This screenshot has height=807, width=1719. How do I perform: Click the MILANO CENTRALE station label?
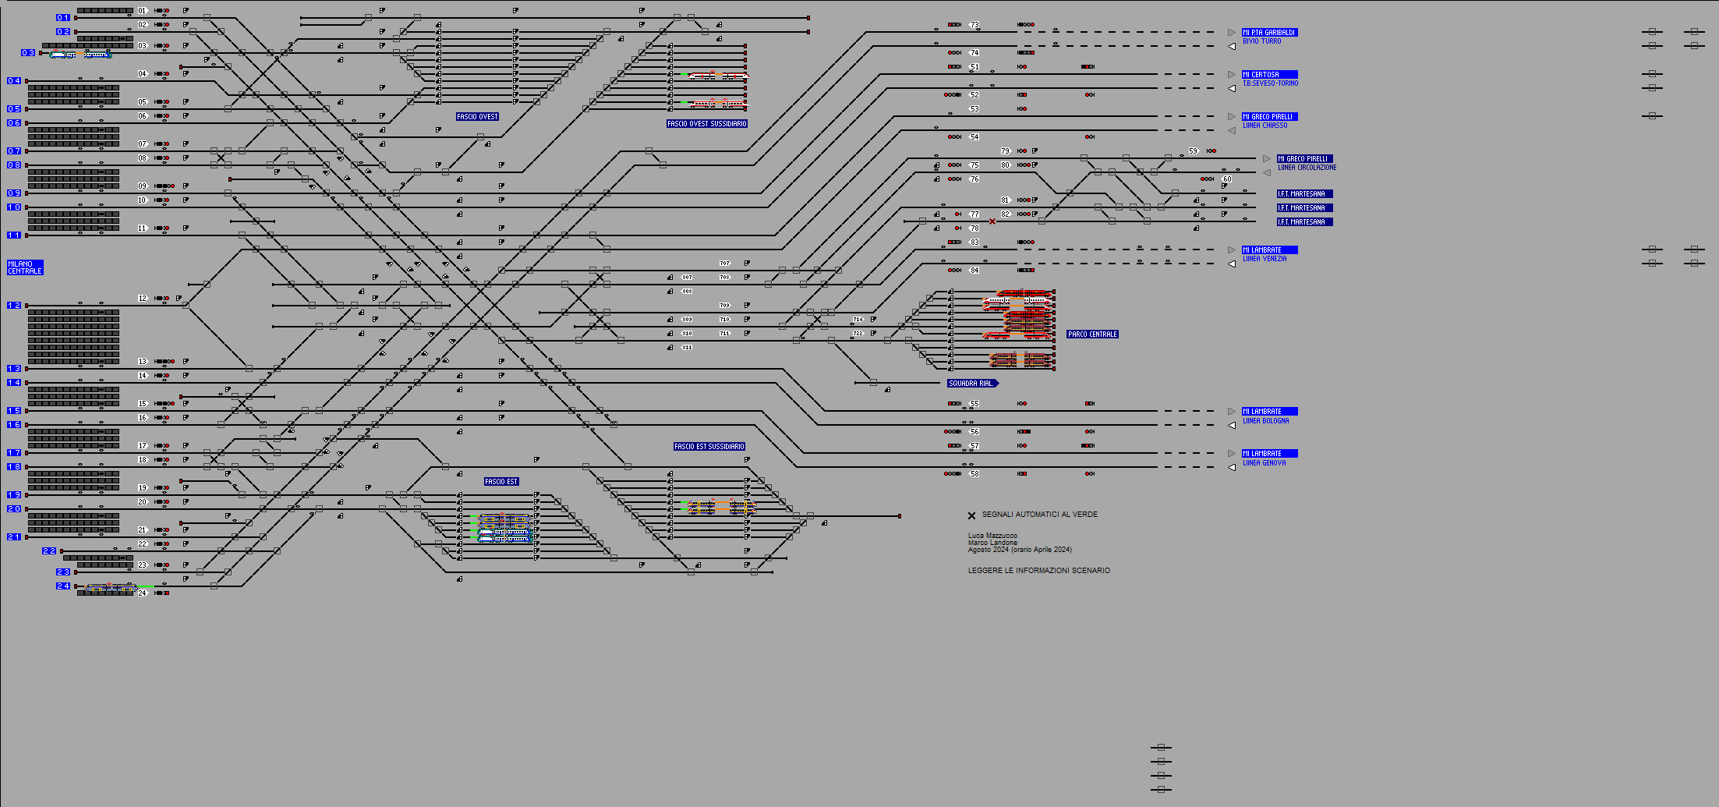(25, 267)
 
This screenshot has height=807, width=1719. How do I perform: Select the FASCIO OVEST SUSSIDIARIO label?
(707, 124)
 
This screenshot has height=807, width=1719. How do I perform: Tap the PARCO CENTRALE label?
(1092, 334)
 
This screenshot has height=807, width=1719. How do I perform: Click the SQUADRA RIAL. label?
(971, 384)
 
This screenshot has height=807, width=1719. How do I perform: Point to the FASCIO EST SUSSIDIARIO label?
(709, 447)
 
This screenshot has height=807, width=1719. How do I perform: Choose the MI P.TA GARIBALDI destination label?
(1269, 33)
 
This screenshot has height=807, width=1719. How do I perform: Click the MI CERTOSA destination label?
(1269, 75)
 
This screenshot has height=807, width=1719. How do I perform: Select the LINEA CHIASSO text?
(1265, 126)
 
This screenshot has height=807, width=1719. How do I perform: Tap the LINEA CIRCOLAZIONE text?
(1307, 168)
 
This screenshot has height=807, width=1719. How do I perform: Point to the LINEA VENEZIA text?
(1264, 259)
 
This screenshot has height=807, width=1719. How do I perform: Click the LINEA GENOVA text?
(1264, 463)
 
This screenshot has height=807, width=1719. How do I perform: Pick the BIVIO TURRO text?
(1261, 41)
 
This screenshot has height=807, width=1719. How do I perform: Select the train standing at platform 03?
(80, 55)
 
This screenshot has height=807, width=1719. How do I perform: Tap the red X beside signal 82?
(992, 221)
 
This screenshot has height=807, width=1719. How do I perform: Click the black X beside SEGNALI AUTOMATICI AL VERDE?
(971, 515)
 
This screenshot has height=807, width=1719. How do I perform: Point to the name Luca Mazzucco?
(992, 536)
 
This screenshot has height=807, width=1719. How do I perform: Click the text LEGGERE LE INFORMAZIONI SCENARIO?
(1038, 571)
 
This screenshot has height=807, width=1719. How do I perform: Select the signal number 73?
(974, 25)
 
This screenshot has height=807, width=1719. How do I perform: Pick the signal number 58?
(974, 474)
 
